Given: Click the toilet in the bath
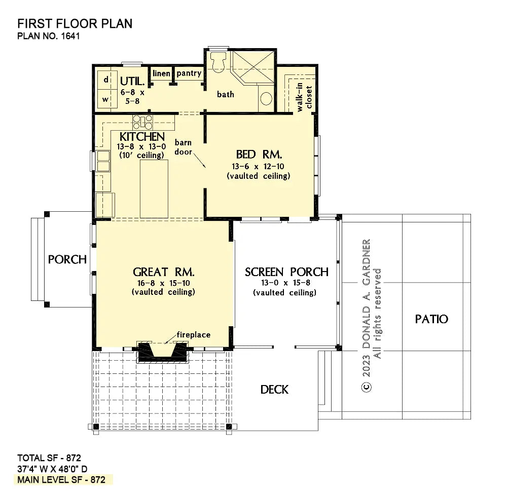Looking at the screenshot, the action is pos(218,61).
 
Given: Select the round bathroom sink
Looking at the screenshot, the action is pos(266,98).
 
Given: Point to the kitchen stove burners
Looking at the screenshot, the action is pos(142,122).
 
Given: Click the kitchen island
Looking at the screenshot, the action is pos(154,189).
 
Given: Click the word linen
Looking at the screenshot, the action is pos(161,73).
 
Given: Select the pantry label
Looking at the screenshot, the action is pos(189,73).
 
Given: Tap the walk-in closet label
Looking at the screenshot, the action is pos(304,97).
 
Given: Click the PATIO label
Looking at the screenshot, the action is pos(431,319).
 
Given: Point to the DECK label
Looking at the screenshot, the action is pos(274,390).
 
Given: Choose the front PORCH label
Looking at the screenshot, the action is pos(67,259).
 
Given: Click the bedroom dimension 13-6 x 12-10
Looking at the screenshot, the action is pos(258,167).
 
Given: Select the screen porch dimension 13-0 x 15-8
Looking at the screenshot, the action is pos(286,283).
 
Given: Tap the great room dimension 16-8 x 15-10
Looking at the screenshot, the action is pos(164,283).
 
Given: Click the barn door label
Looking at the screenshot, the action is pos(184,147).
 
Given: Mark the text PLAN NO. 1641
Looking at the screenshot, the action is pos(49,36).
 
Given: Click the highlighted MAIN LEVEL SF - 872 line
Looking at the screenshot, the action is pos(61,480).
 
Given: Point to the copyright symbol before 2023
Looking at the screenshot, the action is pos(367,387).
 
